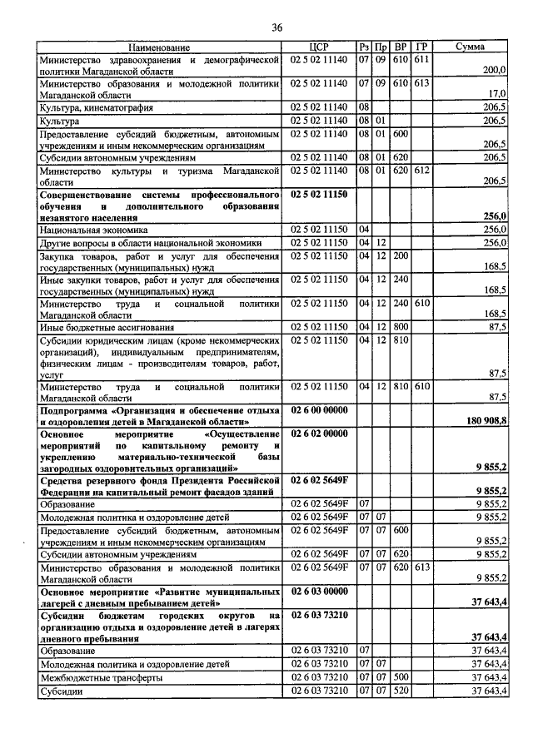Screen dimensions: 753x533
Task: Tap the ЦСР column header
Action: (x=319, y=48)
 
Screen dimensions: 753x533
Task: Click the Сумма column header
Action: (x=471, y=48)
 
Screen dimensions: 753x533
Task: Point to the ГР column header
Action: (x=422, y=48)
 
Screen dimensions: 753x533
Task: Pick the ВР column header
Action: (x=401, y=48)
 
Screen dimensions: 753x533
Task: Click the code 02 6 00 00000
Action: (x=319, y=410)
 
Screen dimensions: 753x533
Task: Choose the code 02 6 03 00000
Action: (x=319, y=591)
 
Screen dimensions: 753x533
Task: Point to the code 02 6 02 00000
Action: (x=319, y=433)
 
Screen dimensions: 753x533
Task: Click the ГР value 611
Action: (x=421, y=60)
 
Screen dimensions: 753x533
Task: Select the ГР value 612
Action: (x=421, y=170)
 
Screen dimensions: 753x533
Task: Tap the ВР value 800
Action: (x=401, y=328)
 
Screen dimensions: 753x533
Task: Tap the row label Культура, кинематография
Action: (x=97, y=108)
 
